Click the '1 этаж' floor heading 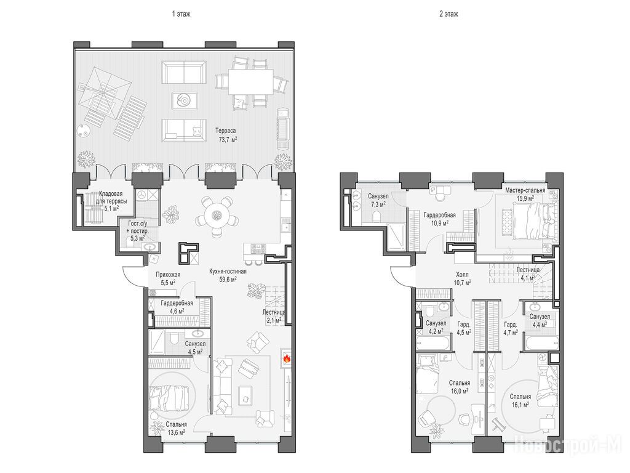[181, 14]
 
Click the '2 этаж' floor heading [449, 14]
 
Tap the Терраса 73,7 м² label [225, 135]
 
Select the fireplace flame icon [287, 358]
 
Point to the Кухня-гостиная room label [228, 272]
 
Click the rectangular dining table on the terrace [251, 82]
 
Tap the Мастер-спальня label [525, 190]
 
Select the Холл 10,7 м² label [462, 279]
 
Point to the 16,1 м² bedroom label [520, 400]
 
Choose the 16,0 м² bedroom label [460, 387]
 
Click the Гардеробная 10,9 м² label [439, 219]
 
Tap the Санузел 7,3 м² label [378, 200]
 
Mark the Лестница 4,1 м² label [528, 273]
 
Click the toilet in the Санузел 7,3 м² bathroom [377, 217]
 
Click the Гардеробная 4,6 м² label [177, 307]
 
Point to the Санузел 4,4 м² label [540, 320]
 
